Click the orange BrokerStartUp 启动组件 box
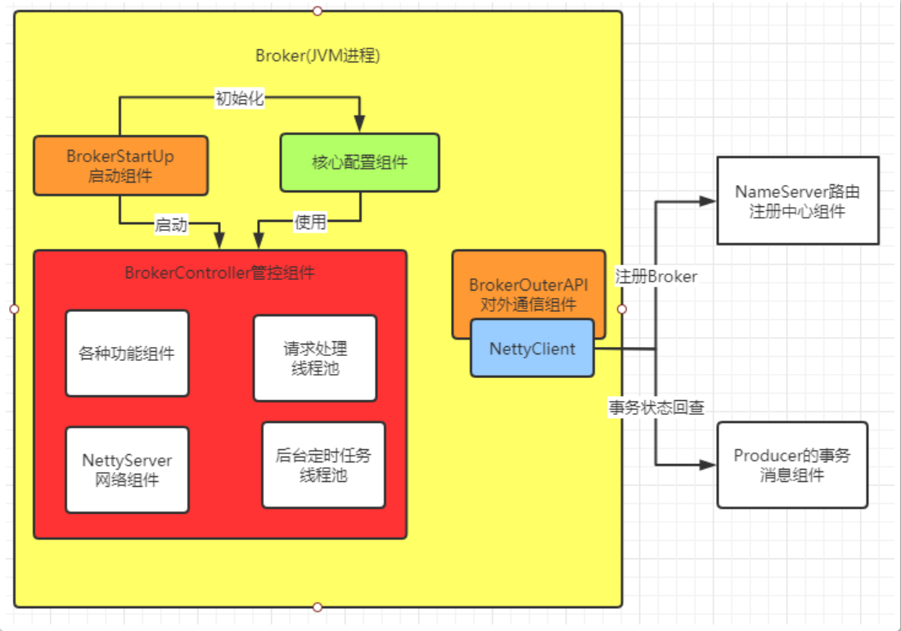click(120, 165)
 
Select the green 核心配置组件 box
click(360, 163)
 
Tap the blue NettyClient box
click(532, 349)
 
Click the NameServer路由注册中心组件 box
click(798, 201)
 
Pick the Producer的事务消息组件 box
click(792, 465)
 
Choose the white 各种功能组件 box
click(127, 354)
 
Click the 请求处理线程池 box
click(315, 358)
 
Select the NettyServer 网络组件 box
click(127, 470)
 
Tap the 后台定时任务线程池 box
click(323, 465)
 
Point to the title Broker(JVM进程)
click(318, 56)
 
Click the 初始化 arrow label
click(240, 98)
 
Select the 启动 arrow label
click(171, 224)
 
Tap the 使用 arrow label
click(310, 222)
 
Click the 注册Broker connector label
click(656, 277)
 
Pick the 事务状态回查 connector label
click(656, 408)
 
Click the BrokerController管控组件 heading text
click(219, 273)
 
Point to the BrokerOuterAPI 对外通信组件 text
click(529, 295)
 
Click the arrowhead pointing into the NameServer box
click(707, 201)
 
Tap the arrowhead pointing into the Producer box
click(707, 465)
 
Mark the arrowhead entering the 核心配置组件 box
click(360, 124)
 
